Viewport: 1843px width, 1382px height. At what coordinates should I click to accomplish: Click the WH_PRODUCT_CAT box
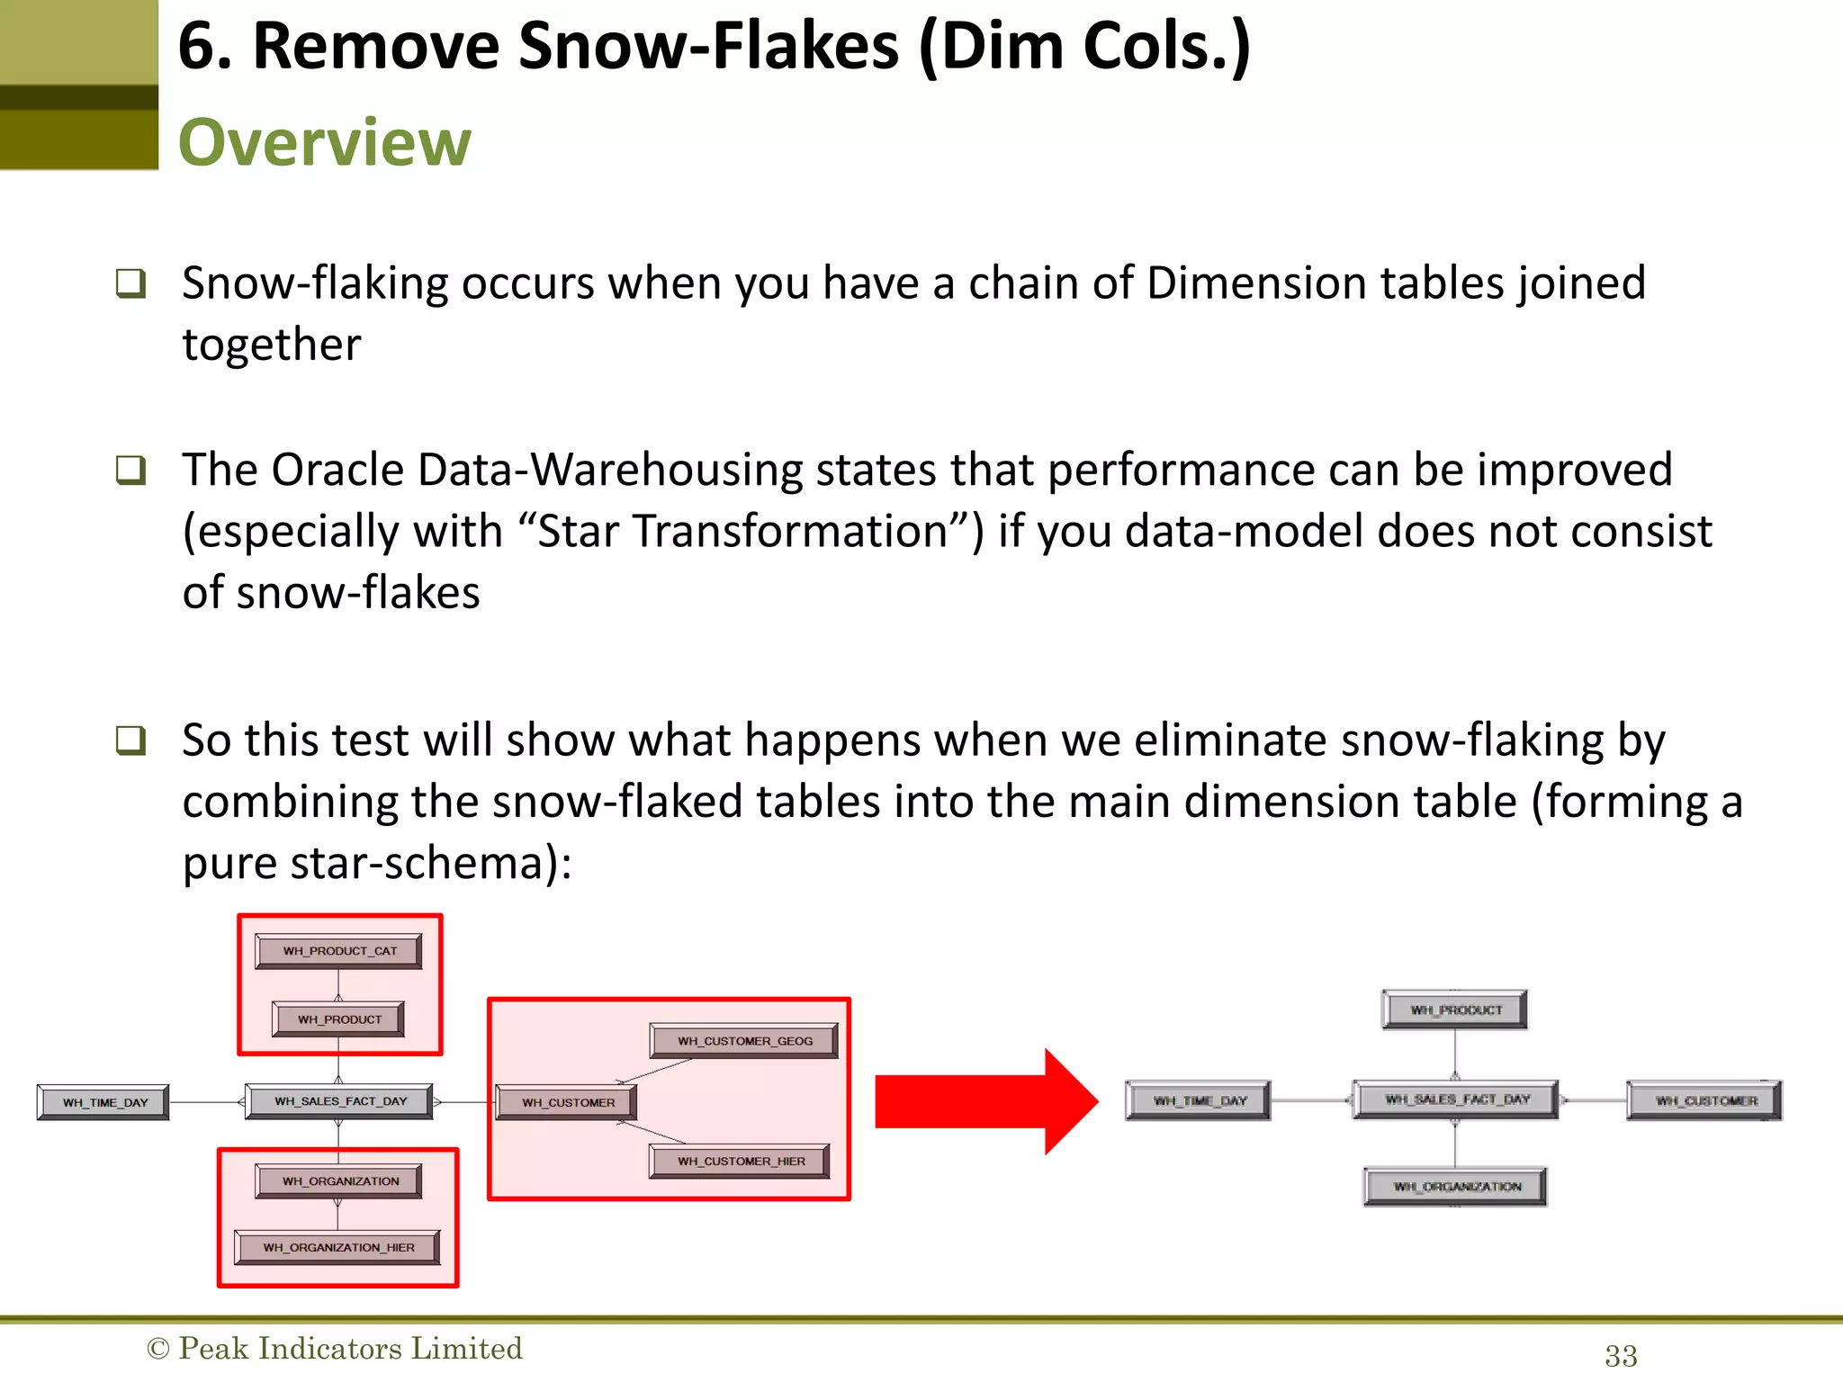coord(338,951)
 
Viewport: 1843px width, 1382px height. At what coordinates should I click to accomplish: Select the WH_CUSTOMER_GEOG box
coord(744,1041)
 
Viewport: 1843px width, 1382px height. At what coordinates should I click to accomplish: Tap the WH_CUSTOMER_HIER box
coord(740,1162)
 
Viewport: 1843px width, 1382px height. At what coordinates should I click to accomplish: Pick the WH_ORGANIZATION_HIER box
coord(338,1248)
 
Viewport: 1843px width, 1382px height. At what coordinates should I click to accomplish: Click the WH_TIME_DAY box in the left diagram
coord(103,1102)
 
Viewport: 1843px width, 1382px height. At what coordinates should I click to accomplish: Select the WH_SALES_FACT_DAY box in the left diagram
coord(340,1101)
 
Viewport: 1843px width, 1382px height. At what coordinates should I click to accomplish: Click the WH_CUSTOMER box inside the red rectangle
coord(567,1102)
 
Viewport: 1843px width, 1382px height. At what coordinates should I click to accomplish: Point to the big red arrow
coord(985,1101)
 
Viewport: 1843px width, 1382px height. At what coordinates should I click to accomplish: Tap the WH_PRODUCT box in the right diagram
coord(1455,1010)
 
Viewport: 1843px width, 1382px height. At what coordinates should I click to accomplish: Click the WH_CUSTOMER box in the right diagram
coord(1704,1101)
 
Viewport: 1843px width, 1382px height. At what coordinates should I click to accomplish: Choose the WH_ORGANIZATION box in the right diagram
coord(1456,1187)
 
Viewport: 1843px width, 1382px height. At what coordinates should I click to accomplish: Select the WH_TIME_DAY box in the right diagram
coord(1199,1101)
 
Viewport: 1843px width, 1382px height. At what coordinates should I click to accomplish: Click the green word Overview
coord(324,143)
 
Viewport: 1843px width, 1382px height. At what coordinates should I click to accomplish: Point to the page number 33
coord(1621,1356)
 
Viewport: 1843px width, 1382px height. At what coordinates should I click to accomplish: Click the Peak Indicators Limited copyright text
coord(335,1349)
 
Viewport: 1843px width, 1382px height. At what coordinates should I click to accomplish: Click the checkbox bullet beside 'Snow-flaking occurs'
coord(130,283)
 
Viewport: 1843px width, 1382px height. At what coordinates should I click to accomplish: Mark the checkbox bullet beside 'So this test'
coord(130,740)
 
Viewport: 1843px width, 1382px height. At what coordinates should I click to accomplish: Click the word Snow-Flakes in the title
coord(709,47)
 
